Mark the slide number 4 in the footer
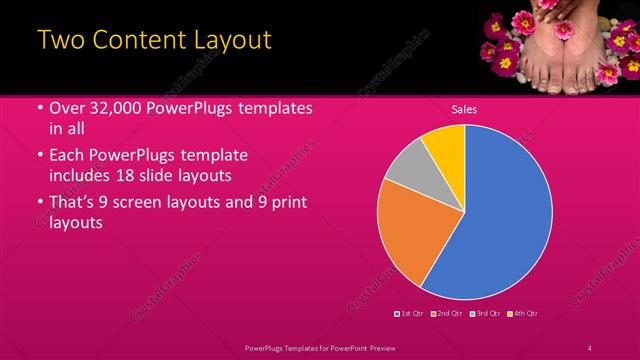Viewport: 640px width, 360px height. click(x=590, y=347)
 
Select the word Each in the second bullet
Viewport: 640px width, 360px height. click(x=67, y=156)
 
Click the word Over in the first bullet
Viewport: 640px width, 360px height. click(x=68, y=108)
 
